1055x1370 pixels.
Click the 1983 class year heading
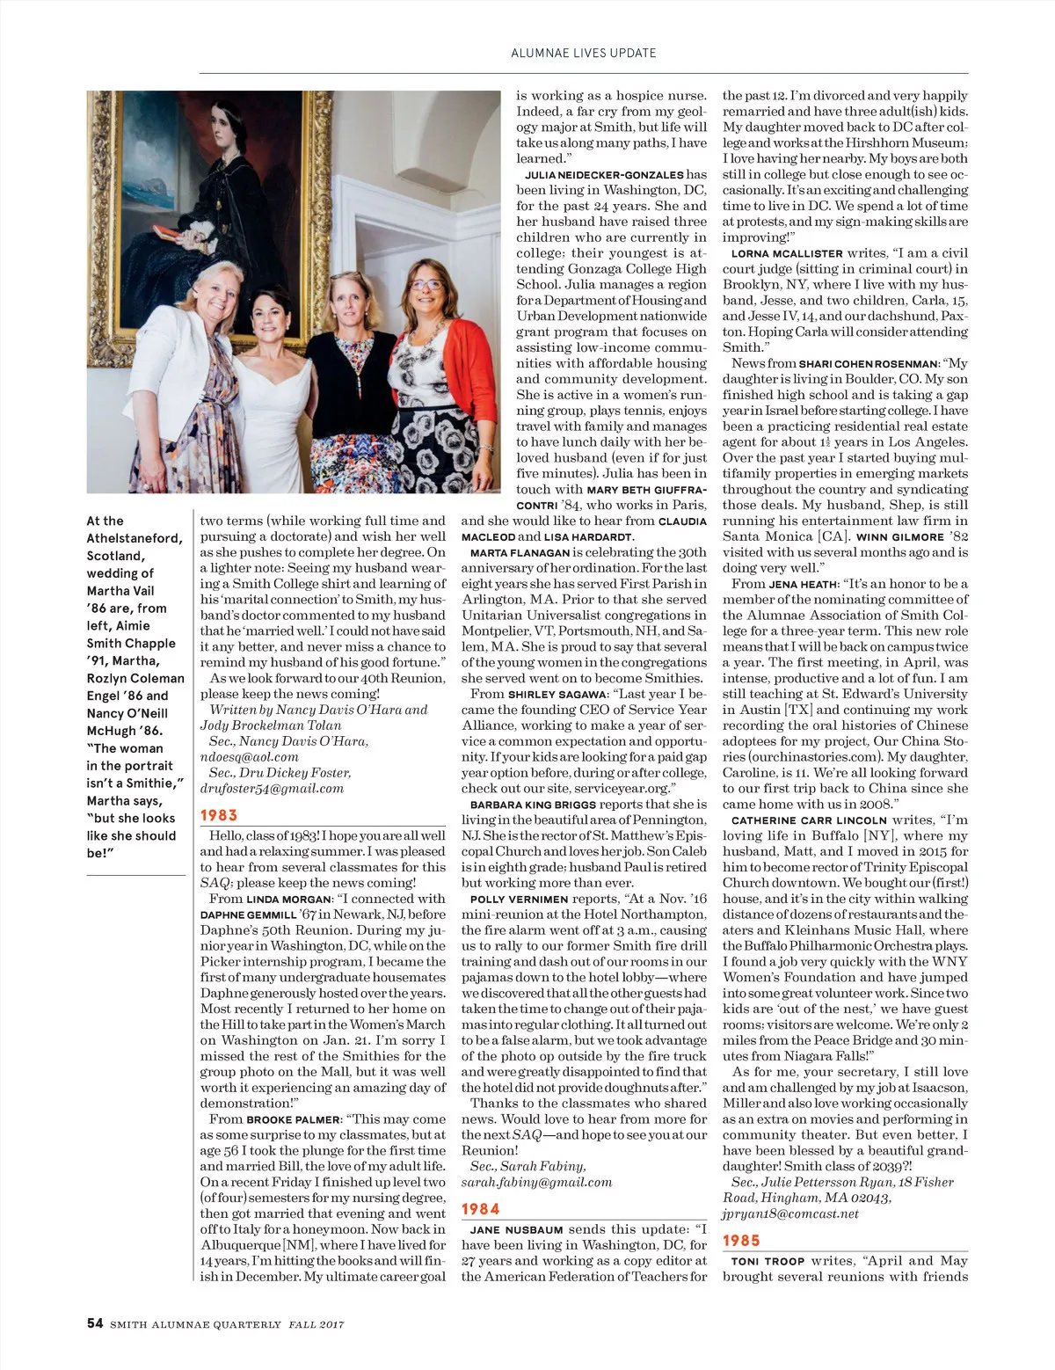click(219, 815)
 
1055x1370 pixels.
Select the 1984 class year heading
click(480, 1209)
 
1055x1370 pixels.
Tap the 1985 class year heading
click(741, 1240)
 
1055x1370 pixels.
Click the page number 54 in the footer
click(95, 1323)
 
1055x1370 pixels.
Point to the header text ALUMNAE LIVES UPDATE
click(584, 53)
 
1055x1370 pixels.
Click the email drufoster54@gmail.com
click(272, 789)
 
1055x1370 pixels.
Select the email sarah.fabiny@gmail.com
click(536, 1182)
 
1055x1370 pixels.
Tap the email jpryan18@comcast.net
click(790, 1213)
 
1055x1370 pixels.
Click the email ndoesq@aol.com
click(250, 757)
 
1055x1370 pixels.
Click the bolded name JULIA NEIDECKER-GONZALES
click(604, 175)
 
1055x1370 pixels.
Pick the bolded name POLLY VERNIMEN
click(519, 900)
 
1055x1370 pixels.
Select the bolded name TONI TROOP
click(768, 1261)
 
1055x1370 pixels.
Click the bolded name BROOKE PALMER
click(293, 1119)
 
